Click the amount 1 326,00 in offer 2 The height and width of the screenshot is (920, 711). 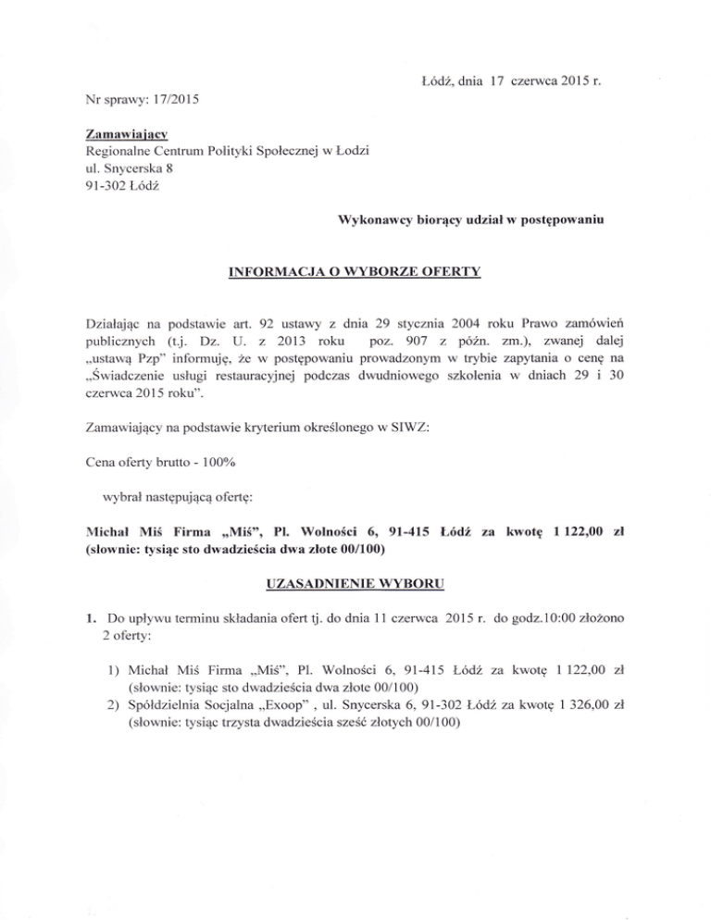point(582,706)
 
